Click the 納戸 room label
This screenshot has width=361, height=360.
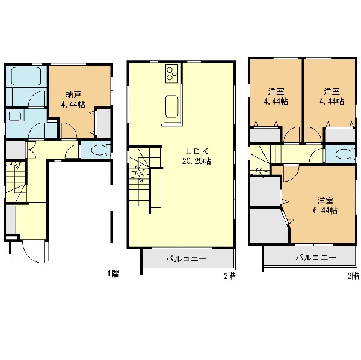(73, 94)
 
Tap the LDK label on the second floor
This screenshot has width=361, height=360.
(197, 151)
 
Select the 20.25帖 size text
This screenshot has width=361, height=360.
(196, 162)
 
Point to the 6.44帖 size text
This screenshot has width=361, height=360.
(325, 210)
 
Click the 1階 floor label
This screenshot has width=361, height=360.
(113, 273)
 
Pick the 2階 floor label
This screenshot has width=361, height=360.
(230, 276)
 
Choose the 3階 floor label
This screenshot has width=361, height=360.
(353, 276)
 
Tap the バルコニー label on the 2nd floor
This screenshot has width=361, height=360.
(187, 259)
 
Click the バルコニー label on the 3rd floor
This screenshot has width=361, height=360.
(316, 257)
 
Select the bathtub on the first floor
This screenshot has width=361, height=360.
(26, 76)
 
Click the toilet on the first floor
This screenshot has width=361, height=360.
(100, 150)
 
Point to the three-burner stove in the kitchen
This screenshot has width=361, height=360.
(171, 73)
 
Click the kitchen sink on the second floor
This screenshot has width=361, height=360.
(171, 106)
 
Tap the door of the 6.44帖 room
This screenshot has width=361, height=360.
(291, 174)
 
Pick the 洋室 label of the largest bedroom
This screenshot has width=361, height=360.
(326, 201)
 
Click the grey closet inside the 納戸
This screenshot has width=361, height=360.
(104, 123)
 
